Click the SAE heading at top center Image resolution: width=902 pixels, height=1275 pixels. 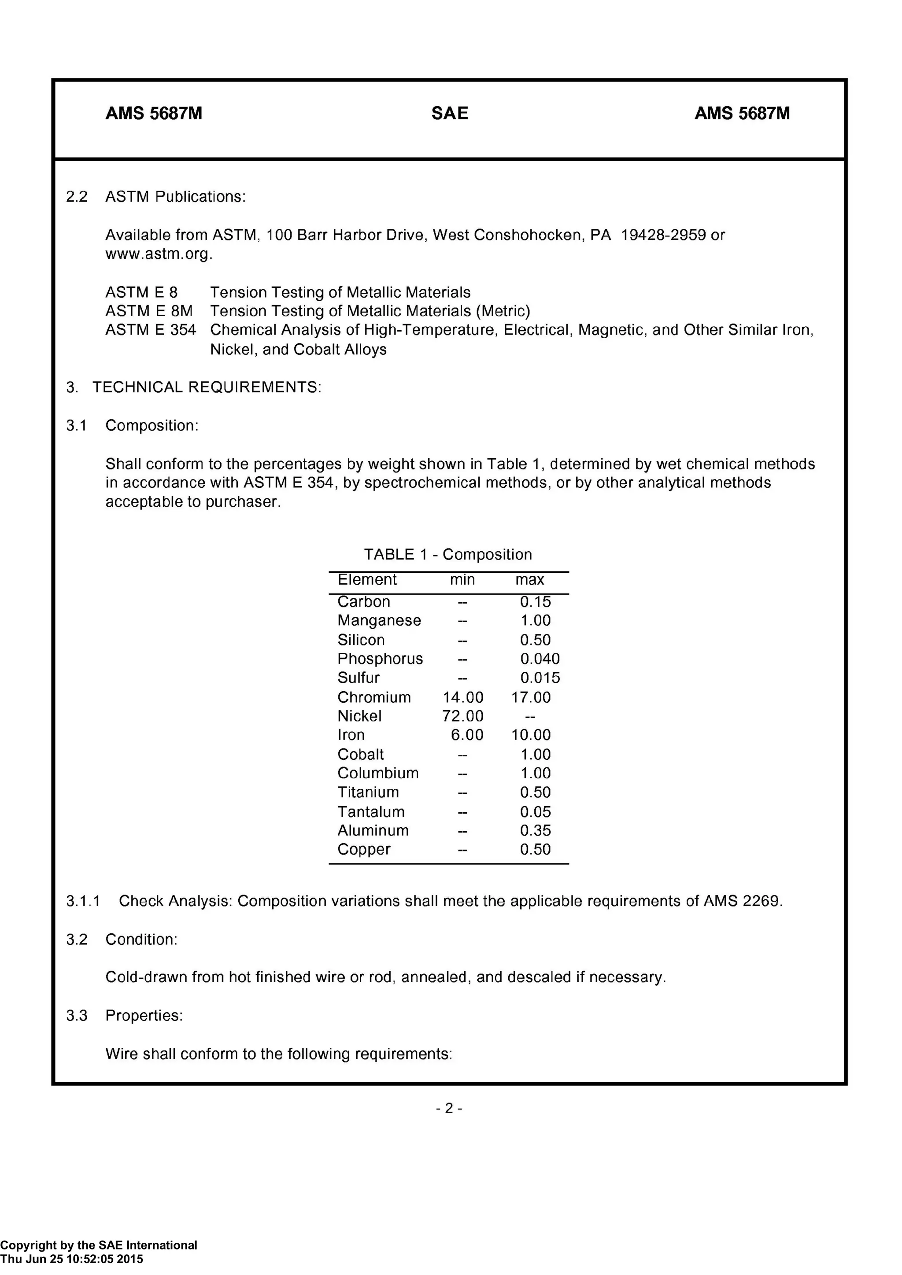449,113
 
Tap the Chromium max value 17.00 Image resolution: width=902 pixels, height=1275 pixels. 530,697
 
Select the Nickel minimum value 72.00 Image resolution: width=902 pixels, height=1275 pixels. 462,716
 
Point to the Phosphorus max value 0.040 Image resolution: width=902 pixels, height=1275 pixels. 540,659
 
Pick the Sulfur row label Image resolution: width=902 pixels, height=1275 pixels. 358,678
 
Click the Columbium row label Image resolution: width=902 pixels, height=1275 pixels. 378,773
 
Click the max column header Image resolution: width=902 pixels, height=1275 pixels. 529,580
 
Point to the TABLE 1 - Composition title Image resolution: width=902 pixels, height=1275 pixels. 447,554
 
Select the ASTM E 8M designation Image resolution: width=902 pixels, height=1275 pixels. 149,310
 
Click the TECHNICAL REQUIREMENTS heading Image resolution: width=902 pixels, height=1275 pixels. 207,387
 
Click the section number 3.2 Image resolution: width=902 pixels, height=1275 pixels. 77,939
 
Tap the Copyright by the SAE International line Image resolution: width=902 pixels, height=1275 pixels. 98,1245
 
